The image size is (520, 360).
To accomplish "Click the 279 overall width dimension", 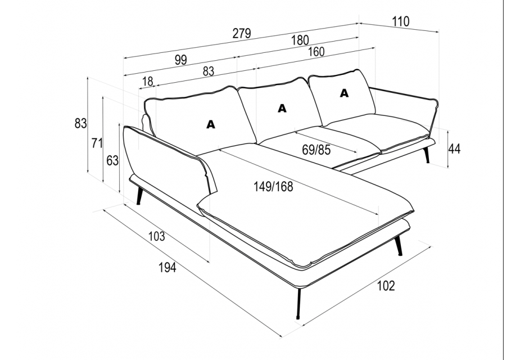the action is coord(241,33).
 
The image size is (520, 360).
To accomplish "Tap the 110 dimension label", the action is coord(401,21).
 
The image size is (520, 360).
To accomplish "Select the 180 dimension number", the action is coord(300,40).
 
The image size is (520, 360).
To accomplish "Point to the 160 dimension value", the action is coord(316,52).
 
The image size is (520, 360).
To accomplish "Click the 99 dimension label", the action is coord(181,60).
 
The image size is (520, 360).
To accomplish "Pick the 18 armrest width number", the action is coord(147,82).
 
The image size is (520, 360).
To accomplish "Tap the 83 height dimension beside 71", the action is coord(80,123).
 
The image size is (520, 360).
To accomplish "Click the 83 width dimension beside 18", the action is coord(208,71).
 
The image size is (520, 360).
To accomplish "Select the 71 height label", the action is coord(97,143).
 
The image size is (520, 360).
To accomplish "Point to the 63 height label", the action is coord(112,160).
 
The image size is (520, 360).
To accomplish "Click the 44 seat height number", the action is coord(454,149).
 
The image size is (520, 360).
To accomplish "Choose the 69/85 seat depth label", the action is coord(316,150).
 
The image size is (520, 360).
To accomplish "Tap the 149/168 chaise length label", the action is coord(273,187).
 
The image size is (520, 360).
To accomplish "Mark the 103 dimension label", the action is coord(156,236).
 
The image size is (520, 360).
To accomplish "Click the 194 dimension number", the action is coord(167,267).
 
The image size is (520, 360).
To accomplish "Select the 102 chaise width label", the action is coord(386,285).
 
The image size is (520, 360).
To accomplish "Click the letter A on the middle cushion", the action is coord(282,108).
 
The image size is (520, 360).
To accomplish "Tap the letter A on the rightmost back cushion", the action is coord(344,93).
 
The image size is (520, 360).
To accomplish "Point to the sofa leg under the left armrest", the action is coord(139,196).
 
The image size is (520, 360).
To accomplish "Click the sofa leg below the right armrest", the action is coord(427,155).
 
